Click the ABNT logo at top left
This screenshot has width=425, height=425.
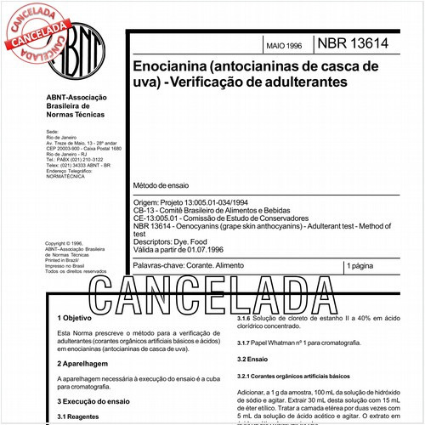(x=68, y=49)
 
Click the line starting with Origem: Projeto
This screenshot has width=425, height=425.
(x=193, y=202)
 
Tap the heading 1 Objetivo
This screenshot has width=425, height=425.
(x=76, y=318)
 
